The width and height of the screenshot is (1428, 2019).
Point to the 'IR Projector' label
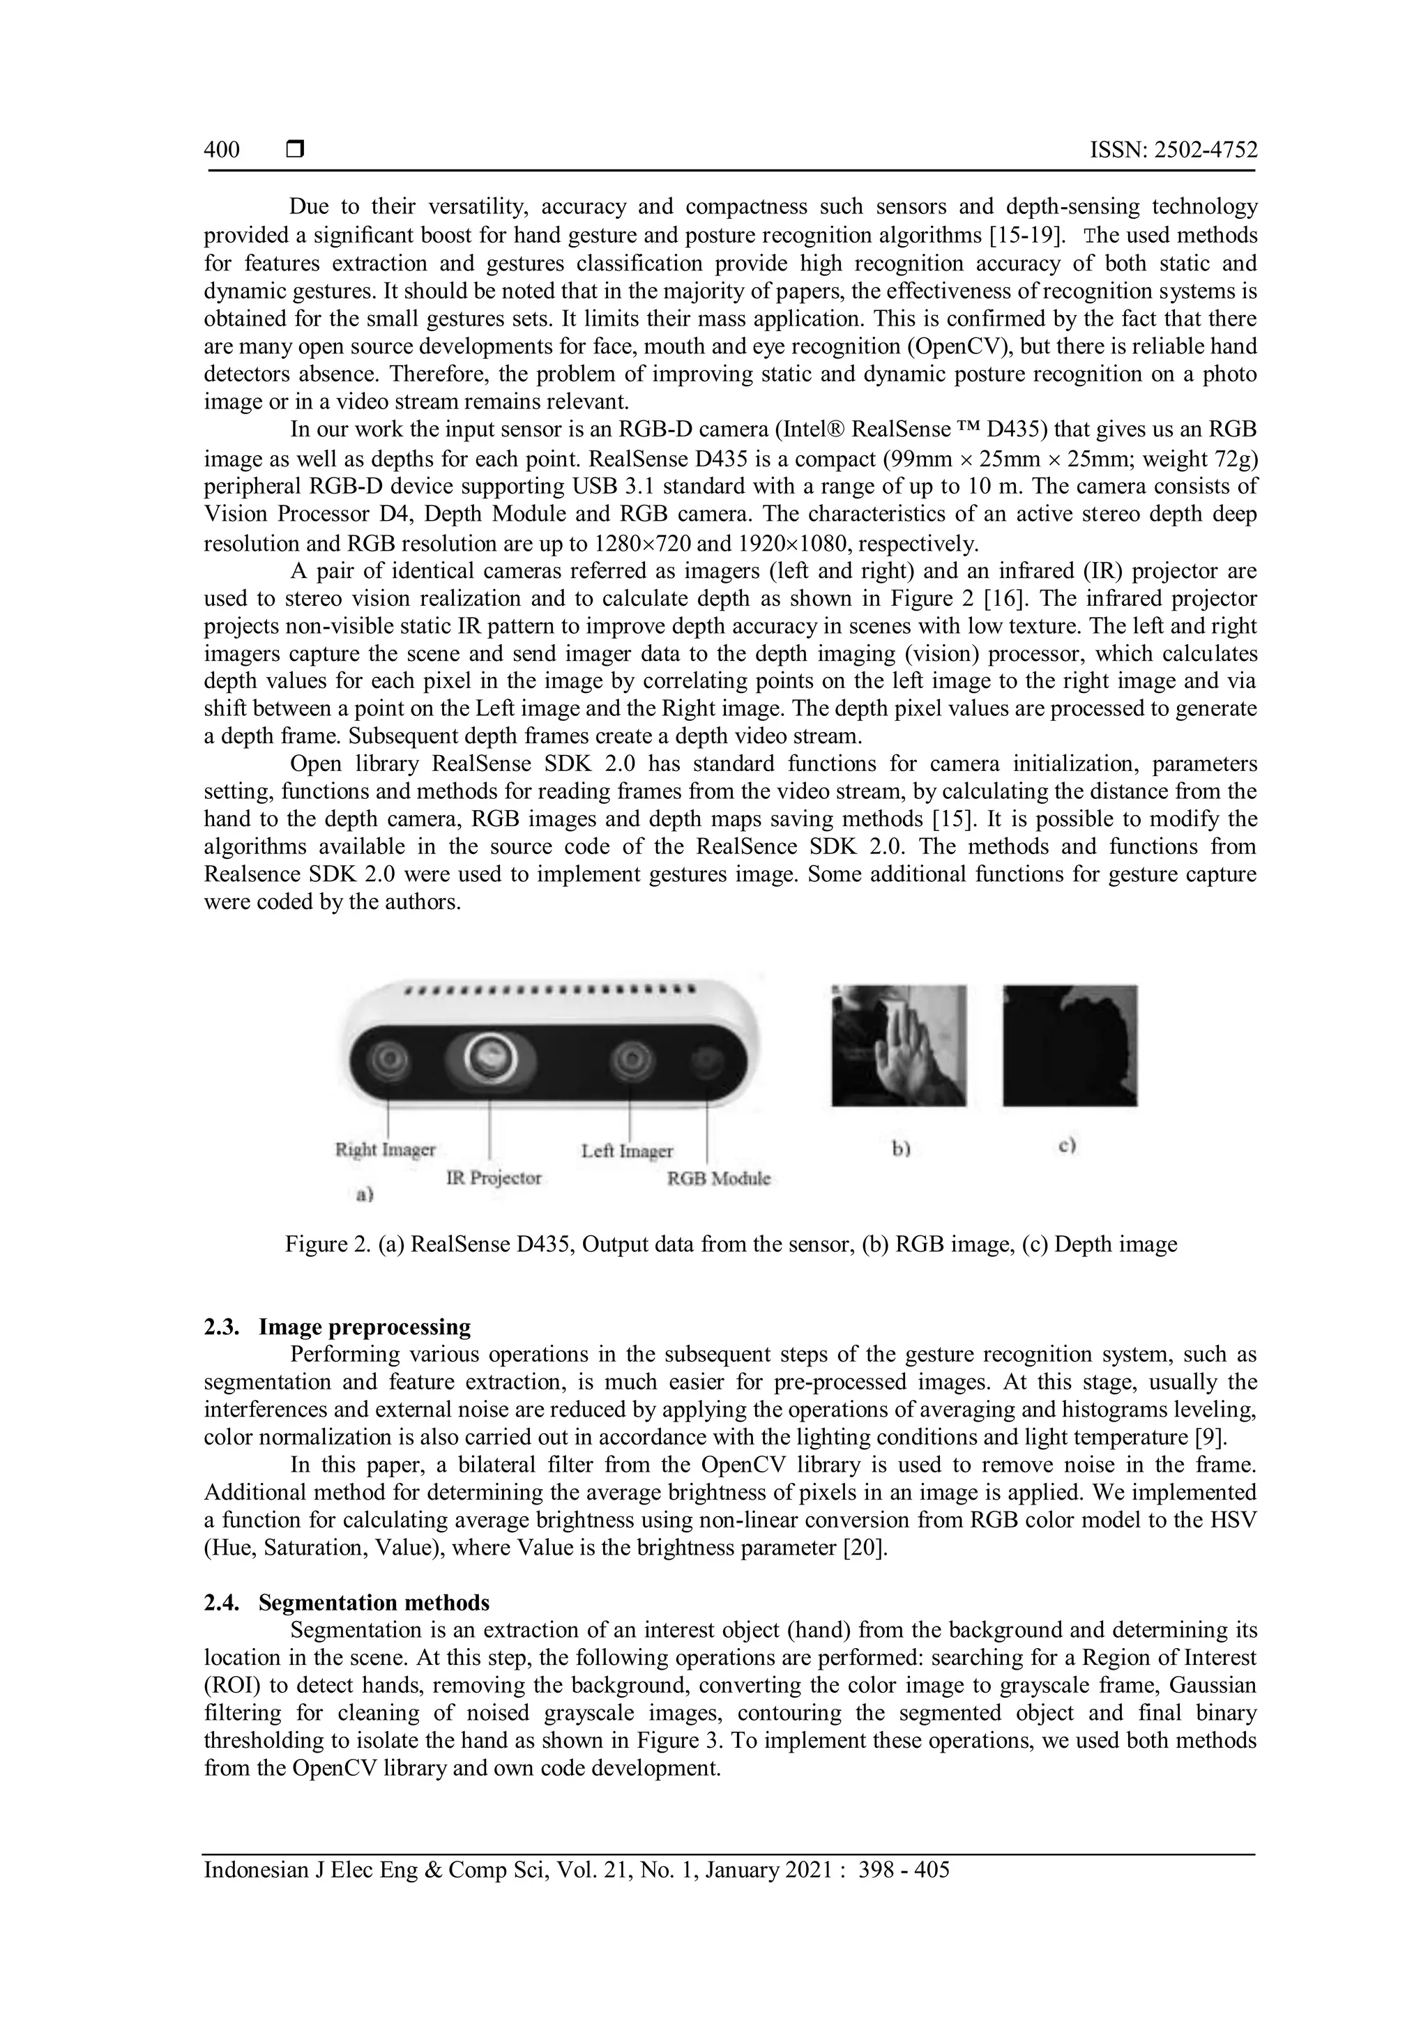coord(493,1178)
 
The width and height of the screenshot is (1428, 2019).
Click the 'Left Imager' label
coord(627,1150)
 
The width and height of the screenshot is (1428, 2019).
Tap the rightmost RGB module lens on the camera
coord(705,1061)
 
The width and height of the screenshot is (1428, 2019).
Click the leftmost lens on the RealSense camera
coord(388,1060)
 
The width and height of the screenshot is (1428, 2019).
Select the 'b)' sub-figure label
coord(899,1148)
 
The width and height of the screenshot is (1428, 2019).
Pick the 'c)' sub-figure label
coord(1068,1146)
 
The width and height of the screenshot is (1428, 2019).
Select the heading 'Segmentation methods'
coord(374,1602)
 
